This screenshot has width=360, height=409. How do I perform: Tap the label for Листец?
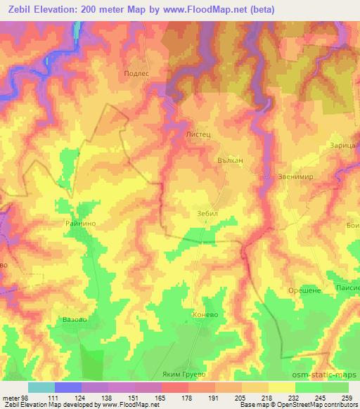point(197,131)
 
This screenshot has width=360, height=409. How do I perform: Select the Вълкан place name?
point(229,160)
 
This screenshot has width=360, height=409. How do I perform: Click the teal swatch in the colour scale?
point(41,387)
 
